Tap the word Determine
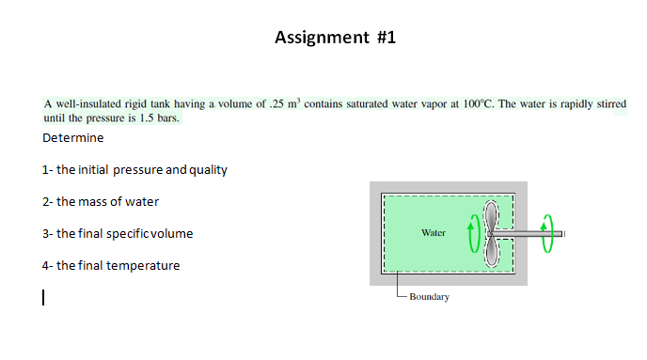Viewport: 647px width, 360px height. tap(73, 138)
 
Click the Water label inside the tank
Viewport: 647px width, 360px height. tap(434, 231)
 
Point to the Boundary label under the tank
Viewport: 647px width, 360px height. tap(429, 297)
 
